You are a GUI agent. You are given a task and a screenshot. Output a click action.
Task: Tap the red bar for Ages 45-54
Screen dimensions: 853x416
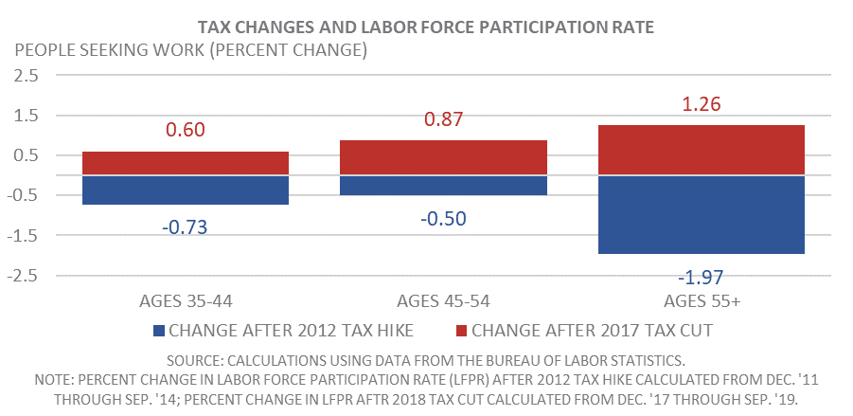coord(443,158)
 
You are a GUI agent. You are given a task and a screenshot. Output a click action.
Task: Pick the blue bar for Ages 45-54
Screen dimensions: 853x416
coord(443,185)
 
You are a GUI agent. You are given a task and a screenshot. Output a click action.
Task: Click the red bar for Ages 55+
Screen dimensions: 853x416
coord(702,151)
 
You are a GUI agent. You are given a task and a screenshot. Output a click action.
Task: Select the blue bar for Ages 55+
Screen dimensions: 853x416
coord(702,214)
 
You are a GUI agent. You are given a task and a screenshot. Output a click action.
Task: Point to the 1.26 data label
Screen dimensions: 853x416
coord(702,104)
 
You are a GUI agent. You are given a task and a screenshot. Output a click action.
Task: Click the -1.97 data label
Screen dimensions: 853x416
coord(702,277)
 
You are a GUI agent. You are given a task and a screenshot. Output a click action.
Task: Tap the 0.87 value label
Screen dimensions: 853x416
coord(443,119)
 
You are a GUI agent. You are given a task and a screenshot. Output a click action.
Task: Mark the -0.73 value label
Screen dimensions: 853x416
coord(186,227)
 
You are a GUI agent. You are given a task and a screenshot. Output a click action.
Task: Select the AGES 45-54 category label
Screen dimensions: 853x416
coord(443,300)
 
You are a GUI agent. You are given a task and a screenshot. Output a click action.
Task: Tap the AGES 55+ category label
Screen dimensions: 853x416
coord(702,300)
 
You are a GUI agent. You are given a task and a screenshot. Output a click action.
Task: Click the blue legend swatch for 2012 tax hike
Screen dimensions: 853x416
coord(158,330)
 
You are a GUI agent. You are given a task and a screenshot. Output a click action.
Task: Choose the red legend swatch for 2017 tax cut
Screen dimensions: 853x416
coord(460,330)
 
